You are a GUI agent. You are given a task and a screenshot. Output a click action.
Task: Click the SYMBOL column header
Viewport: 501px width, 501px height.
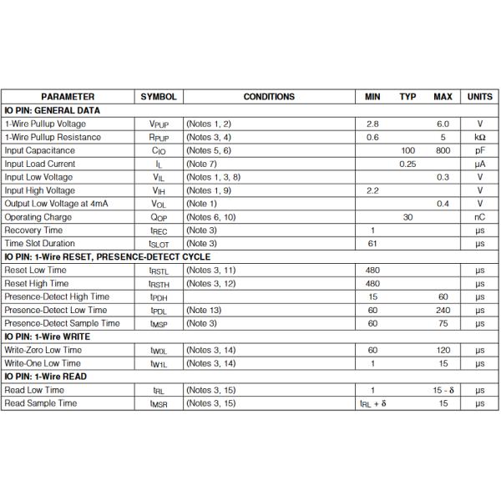(x=158, y=97)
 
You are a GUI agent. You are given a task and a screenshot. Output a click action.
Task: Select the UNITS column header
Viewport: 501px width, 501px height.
(x=479, y=97)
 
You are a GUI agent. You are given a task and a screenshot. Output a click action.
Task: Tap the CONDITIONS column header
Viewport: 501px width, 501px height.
(x=269, y=97)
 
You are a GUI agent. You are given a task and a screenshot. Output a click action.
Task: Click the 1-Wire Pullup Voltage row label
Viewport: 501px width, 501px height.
(x=53, y=124)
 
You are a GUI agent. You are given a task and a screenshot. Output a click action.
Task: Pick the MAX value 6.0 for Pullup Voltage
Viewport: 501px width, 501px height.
(x=443, y=124)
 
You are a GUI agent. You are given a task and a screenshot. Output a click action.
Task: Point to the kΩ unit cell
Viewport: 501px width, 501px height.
(x=479, y=137)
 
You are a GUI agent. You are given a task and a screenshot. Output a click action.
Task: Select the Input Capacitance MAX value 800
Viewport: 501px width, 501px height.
(x=443, y=150)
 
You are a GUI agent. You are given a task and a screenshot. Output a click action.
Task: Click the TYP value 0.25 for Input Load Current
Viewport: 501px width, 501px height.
(x=407, y=164)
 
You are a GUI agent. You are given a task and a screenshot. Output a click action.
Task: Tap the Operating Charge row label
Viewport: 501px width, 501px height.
(x=38, y=217)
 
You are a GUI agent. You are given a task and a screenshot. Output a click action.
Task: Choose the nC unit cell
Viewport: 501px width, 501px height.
(x=479, y=217)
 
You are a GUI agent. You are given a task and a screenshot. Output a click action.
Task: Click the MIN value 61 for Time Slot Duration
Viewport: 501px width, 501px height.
(x=372, y=244)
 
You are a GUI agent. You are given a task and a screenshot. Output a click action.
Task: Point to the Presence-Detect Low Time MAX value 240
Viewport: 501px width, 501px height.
(x=443, y=310)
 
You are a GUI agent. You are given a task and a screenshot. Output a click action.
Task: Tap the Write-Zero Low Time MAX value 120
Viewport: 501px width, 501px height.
(x=443, y=350)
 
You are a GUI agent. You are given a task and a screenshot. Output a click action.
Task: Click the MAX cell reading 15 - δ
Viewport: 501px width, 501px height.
(x=443, y=390)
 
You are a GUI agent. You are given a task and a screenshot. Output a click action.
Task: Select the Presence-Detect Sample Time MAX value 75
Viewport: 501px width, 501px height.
(x=443, y=323)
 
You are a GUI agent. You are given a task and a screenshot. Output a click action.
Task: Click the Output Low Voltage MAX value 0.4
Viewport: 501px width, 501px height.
(x=443, y=204)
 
